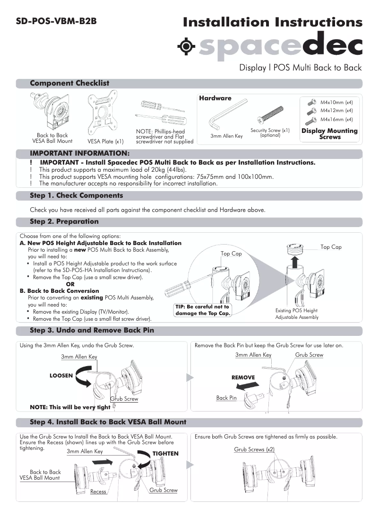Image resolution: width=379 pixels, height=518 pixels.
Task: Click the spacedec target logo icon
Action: (187, 46)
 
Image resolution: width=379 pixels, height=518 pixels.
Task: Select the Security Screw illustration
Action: (271, 115)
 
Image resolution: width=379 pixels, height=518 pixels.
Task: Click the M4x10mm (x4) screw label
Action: (336, 102)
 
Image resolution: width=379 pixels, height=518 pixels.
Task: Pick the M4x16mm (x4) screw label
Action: (336, 119)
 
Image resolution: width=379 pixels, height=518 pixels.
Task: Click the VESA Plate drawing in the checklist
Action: (105, 115)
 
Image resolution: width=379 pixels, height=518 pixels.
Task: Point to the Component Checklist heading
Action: (69, 83)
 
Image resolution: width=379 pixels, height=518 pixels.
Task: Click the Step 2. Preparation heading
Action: (64, 221)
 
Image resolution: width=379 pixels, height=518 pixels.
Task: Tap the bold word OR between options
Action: (70, 284)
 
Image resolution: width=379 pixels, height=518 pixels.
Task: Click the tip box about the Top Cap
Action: (202, 310)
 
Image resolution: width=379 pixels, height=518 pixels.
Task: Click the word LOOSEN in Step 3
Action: (61, 375)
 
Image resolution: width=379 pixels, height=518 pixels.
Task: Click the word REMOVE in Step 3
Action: (243, 378)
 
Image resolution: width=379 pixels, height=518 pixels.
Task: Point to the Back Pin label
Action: (226, 398)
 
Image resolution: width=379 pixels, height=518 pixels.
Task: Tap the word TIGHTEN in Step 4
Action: (165, 453)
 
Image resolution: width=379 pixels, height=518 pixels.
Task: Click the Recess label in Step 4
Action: (98, 492)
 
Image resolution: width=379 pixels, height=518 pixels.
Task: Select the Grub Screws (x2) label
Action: (254, 449)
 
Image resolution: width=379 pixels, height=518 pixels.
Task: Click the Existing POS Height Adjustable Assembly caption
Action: (297, 314)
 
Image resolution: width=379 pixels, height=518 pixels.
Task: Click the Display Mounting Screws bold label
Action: (329, 133)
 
